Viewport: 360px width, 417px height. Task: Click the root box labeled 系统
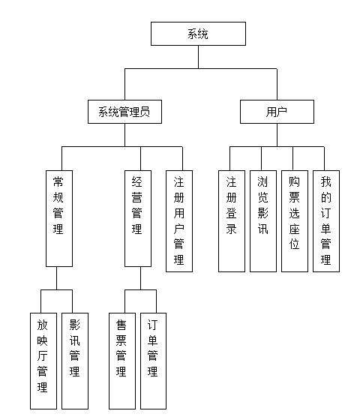click(198, 34)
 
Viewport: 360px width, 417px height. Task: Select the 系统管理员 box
click(124, 112)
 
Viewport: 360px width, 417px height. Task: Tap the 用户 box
click(277, 112)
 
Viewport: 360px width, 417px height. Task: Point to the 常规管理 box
click(59, 218)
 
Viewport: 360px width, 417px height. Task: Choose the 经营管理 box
click(138, 218)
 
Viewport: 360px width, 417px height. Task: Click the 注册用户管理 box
click(179, 221)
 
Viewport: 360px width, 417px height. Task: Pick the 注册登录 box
click(232, 221)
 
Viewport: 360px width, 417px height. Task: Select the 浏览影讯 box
click(263, 221)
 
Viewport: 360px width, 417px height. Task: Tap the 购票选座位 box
click(295, 221)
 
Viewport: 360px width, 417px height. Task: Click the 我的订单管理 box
click(326, 221)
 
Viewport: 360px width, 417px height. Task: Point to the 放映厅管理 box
click(43, 361)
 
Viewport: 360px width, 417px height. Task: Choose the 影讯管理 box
click(75, 361)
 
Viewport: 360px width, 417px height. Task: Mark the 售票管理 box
click(122, 361)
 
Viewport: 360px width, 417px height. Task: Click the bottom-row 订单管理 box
click(154, 361)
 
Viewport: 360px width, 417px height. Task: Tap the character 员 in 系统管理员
click(145, 112)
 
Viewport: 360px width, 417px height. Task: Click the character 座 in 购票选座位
click(294, 229)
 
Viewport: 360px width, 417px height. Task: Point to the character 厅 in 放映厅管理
click(42, 355)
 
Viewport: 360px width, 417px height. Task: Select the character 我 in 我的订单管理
click(325, 182)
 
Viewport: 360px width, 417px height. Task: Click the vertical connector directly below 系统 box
click(198, 57)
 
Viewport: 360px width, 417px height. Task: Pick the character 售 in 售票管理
click(121, 325)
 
